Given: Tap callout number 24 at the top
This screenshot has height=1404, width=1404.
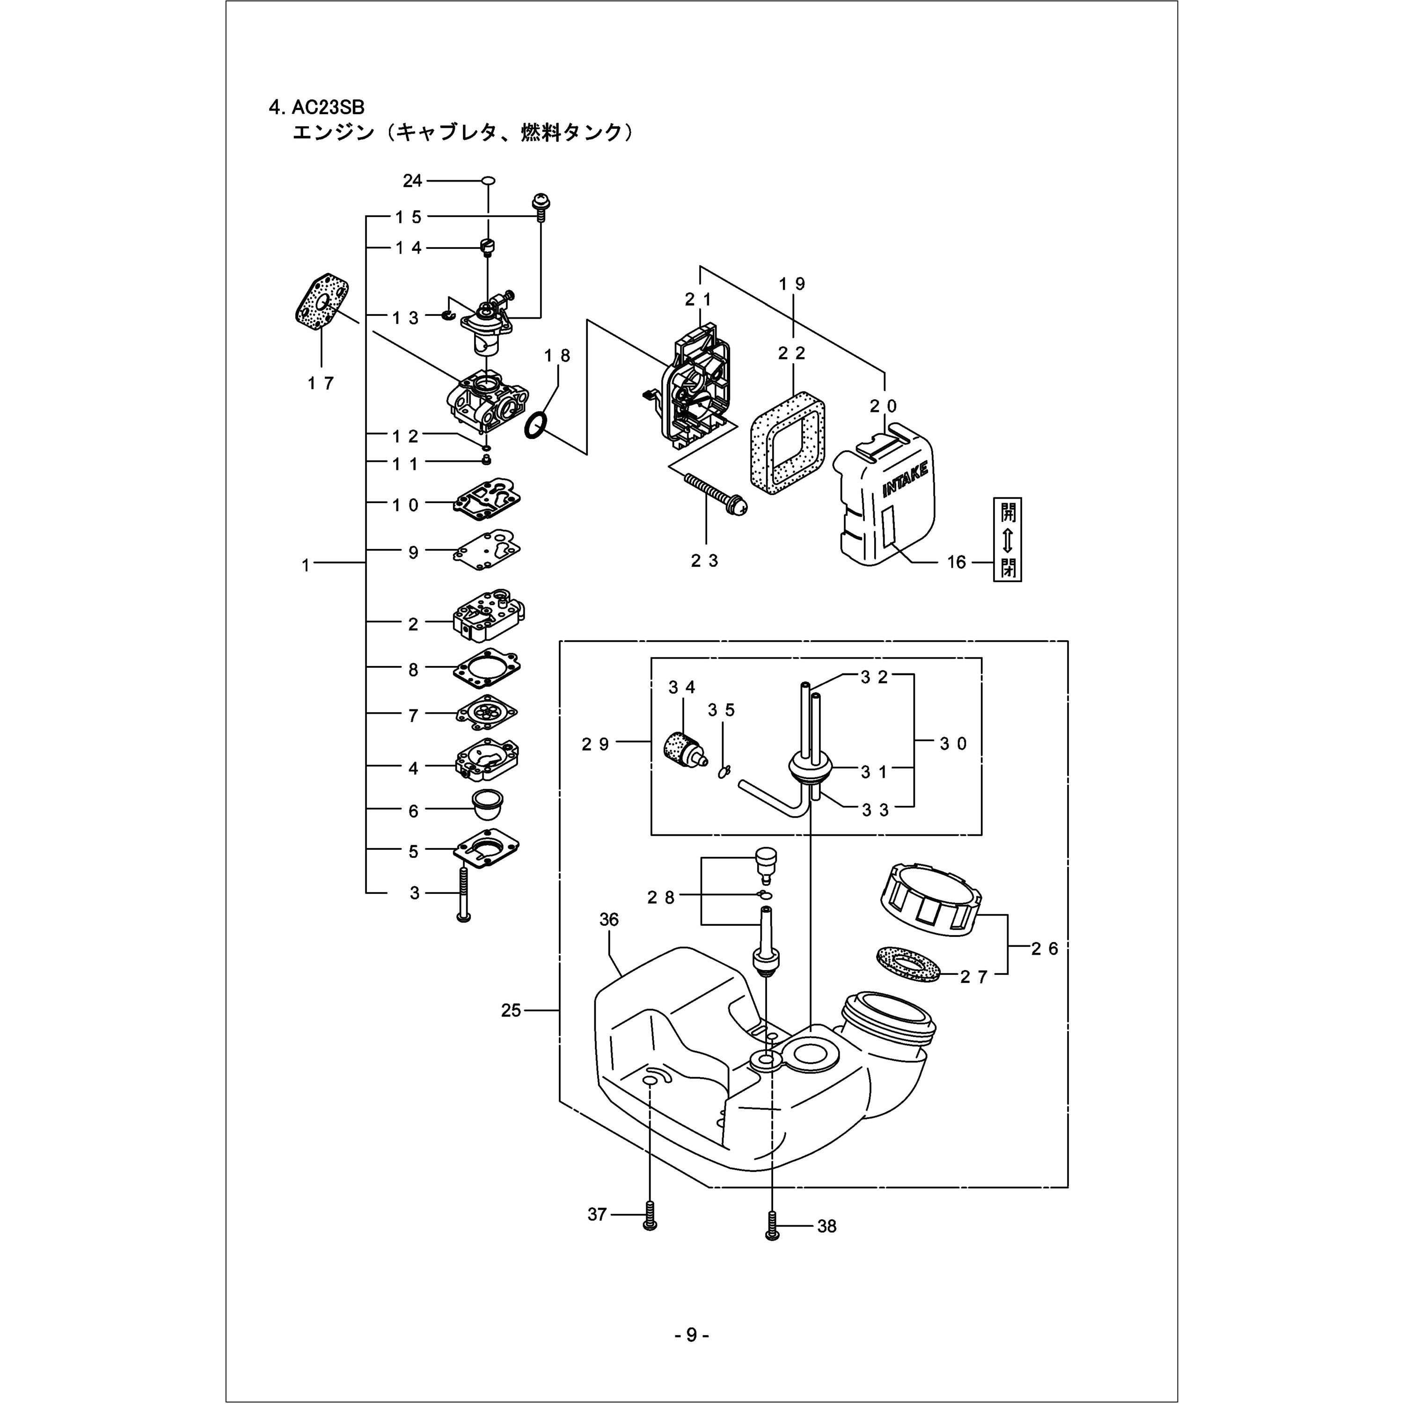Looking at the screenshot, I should (x=412, y=180).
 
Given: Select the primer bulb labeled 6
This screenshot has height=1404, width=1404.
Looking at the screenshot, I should (x=488, y=803).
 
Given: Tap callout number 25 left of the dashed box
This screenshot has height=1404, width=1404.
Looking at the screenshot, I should (x=511, y=1010).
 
